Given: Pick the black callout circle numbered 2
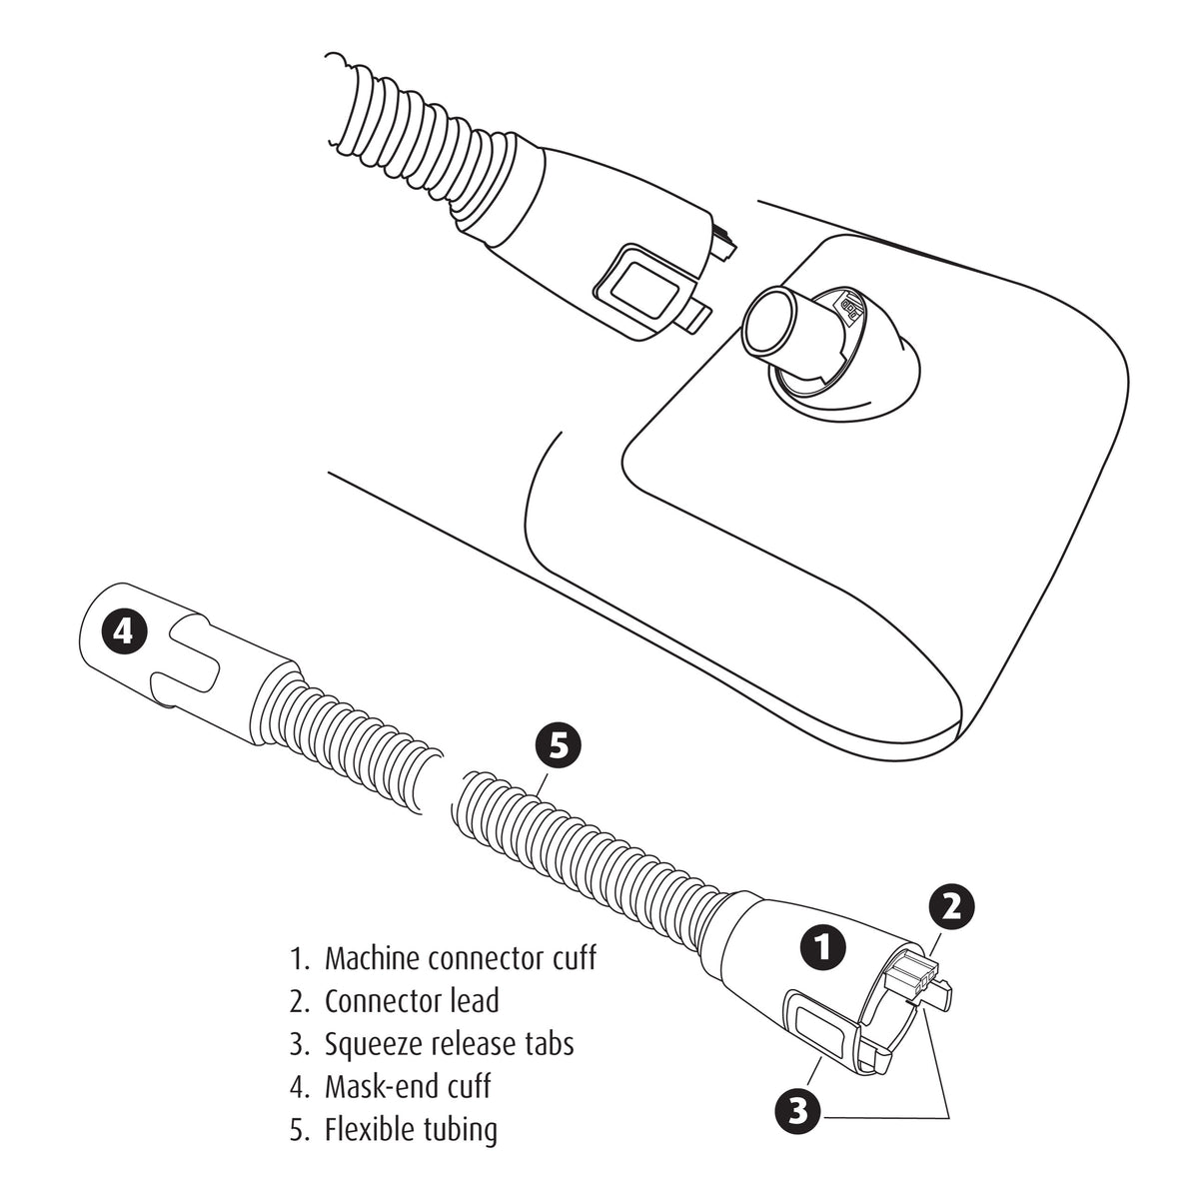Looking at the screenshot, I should pos(952,905).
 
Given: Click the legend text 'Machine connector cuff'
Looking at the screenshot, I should pos(460,958).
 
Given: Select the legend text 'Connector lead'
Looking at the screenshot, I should pos(411,1000).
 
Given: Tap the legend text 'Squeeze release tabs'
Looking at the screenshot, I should pos(449,1044).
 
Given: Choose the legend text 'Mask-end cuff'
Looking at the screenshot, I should pos(407,1086).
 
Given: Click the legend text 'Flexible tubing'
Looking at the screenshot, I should pos(410,1130).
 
